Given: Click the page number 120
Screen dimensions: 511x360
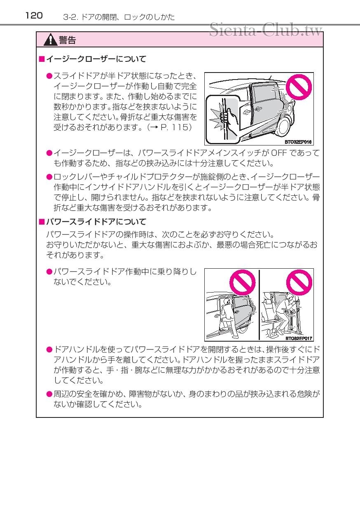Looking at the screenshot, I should coord(34,16).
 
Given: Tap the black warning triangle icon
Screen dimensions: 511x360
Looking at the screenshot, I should coord(51,40).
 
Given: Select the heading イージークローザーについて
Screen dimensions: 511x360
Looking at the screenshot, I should coord(96,59).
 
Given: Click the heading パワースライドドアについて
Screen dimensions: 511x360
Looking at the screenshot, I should coord(96,222).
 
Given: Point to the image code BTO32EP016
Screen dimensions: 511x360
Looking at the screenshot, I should coord(298,142).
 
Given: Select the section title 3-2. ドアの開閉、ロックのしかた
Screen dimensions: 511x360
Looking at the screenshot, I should coord(119,17).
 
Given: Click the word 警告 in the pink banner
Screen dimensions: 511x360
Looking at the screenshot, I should coord(67,40).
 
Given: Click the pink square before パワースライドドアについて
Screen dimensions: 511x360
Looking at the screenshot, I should coord(41,222).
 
